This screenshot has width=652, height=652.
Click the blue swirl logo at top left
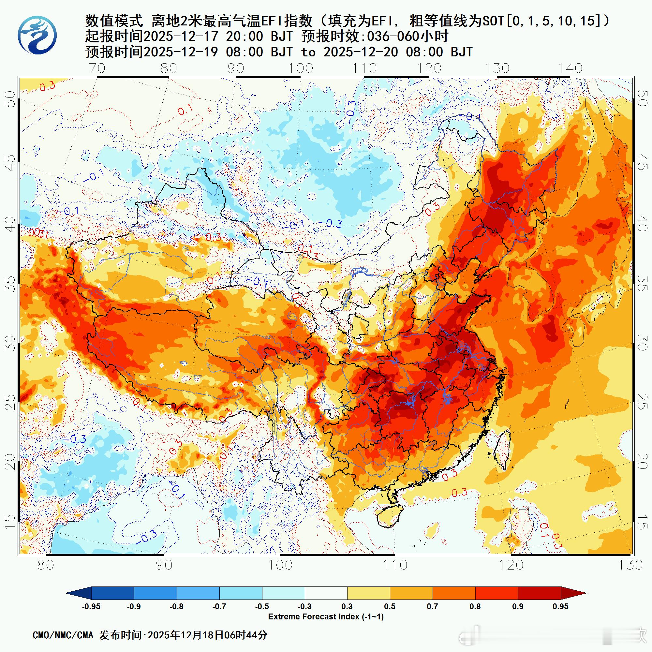[37, 36]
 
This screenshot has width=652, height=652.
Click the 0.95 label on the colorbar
[560, 606]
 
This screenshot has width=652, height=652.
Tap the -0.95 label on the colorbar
[91, 606]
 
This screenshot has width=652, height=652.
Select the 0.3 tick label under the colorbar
[347, 606]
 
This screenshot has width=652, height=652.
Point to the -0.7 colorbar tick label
[219, 606]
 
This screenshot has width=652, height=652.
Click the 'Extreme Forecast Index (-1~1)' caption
[326, 617]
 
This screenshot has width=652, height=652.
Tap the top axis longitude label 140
[570, 68]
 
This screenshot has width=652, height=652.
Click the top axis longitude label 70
[97, 68]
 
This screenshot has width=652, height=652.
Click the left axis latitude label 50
[11, 98]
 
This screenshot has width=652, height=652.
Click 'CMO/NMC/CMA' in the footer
[63, 635]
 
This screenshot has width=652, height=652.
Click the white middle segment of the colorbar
[326, 593]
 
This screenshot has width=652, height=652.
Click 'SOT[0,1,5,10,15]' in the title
[543, 21]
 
